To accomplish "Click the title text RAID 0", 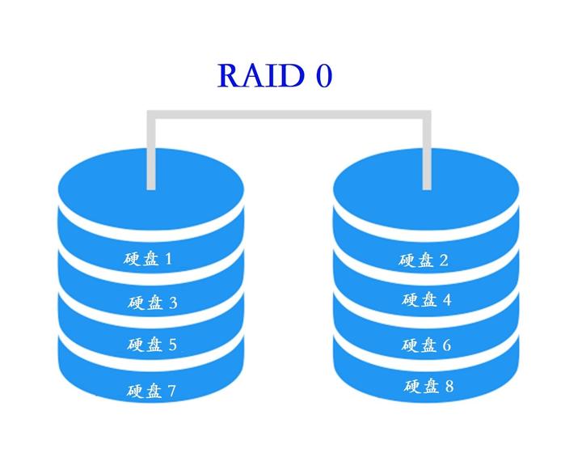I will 275,75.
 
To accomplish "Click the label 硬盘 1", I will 148,259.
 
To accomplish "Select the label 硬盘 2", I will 424,260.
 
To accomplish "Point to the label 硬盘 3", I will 152,303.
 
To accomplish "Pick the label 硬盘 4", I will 427,300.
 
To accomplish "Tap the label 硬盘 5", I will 152,345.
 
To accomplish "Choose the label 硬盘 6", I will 427,345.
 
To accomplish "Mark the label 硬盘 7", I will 152,392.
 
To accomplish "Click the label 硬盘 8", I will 428,387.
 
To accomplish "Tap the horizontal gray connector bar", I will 289,116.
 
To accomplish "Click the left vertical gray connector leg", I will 150,154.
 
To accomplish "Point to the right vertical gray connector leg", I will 426,154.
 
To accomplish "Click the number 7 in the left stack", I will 171,392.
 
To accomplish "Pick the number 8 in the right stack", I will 448,387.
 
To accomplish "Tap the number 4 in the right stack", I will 446,300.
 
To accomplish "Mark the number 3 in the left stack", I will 172,303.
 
